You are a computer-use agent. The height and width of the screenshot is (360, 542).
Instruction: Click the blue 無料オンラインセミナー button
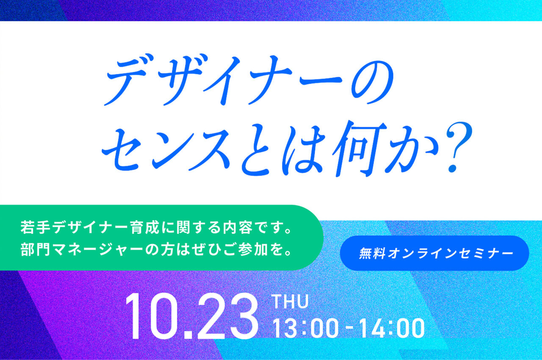[x=434, y=253]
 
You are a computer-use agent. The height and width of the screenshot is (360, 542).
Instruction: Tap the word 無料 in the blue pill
[x=369, y=253]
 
